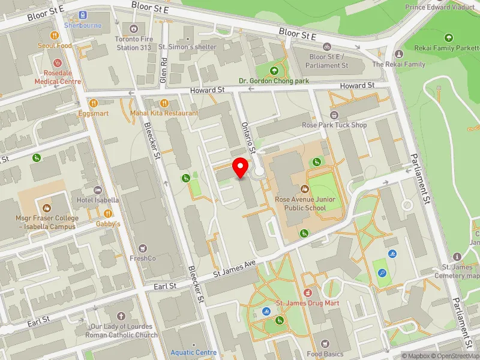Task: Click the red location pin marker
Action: (x=241, y=167)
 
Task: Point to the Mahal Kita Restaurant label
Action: (x=164, y=113)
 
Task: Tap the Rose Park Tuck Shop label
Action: (x=334, y=125)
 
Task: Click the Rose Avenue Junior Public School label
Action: (x=300, y=203)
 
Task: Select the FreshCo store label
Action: (x=142, y=259)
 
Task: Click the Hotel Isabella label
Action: (x=98, y=200)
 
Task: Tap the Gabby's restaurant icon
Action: (x=109, y=214)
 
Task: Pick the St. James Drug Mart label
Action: (x=307, y=303)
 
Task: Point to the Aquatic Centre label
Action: (x=193, y=352)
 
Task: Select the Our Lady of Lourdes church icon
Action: (x=121, y=316)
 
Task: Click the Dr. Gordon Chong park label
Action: (x=274, y=80)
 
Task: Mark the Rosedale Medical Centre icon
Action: (x=58, y=62)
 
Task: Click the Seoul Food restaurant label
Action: (x=55, y=46)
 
